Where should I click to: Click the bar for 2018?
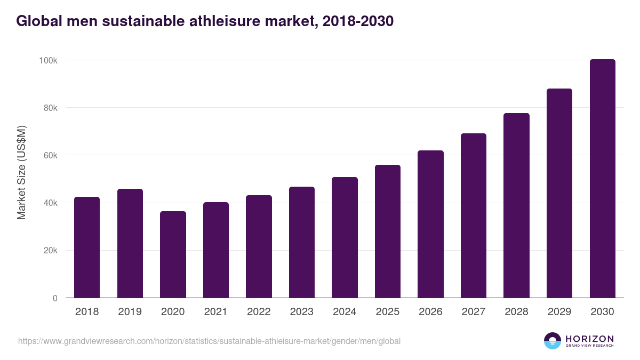[87, 247]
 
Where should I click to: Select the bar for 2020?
[173, 254]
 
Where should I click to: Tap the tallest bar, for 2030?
[602, 179]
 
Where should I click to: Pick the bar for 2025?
[388, 231]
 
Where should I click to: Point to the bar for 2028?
[516, 205]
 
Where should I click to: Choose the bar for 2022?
[259, 246]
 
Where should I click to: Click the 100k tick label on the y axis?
[48, 60]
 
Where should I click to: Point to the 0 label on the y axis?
[55, 298]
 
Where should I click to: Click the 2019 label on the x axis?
[130, 312]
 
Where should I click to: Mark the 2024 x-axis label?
[345, 312]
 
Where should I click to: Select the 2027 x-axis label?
[474, 312]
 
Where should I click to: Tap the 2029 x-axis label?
[559, 312]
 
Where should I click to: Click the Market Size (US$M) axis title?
[21, 172]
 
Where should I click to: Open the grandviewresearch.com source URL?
[209, 341]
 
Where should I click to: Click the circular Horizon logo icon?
[553, 341]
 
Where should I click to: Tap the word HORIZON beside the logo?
[589, 338]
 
